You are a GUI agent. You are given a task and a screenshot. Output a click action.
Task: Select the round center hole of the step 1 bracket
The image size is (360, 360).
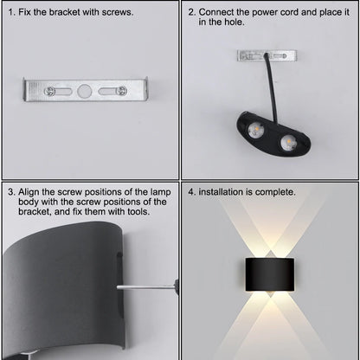[84, 90]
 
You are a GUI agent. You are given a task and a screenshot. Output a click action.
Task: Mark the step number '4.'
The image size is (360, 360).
[192, 192]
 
